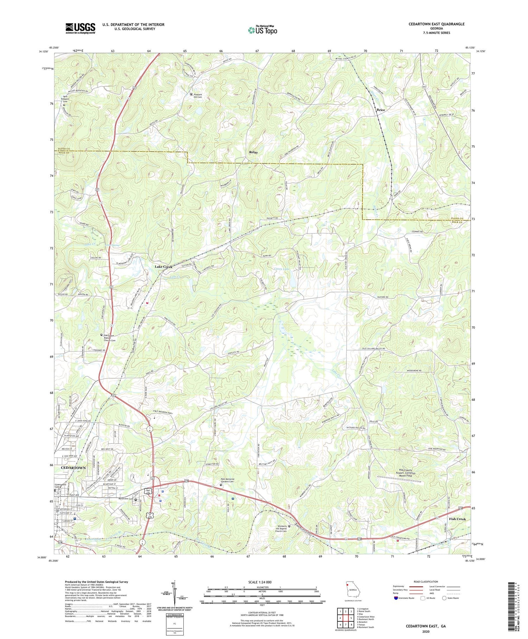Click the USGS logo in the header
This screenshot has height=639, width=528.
[80, 28]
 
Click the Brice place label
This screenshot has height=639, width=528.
[381, 110]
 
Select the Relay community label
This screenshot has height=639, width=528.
[253, 152]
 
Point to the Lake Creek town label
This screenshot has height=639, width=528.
[164, 267]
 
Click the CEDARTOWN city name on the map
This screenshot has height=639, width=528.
[73, 467]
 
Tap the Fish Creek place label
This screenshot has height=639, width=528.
[457, 519]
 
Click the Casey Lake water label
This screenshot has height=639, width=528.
[282, 269]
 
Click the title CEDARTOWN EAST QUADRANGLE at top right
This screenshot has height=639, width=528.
[431, 24]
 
